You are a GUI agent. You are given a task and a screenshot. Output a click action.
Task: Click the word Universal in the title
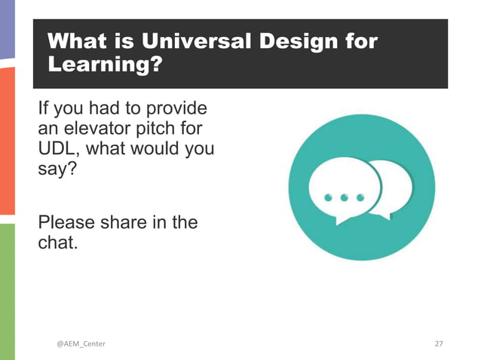192,41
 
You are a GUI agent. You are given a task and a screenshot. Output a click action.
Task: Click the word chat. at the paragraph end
58,243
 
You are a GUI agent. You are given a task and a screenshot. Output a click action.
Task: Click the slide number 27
440,344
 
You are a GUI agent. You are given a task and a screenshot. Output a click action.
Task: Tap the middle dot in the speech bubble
344,197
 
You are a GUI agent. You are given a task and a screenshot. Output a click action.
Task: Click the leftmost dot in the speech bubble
329,197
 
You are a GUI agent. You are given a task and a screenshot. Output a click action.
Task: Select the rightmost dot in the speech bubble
360,197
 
